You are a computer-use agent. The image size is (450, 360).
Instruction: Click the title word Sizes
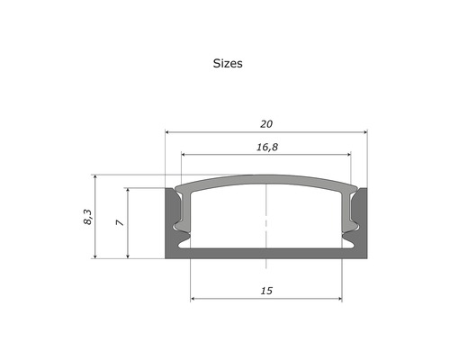point(228,64)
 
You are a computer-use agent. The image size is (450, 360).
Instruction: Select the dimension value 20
point(266,123)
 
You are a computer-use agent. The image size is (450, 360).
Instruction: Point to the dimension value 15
point(266,291)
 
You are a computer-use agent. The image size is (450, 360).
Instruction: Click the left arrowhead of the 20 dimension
point(168,132)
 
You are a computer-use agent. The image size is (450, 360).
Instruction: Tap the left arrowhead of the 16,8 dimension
point(185,153)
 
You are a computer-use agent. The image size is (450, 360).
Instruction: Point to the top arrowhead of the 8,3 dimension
point(94,177)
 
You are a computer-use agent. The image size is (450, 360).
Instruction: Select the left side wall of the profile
point(171,225)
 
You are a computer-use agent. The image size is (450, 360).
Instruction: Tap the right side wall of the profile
point(362,225)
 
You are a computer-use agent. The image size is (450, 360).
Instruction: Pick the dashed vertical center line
point(266,216)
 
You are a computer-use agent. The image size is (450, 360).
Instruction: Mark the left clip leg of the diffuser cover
point(185,216)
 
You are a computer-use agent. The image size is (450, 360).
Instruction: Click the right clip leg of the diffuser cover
point(347,216)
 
